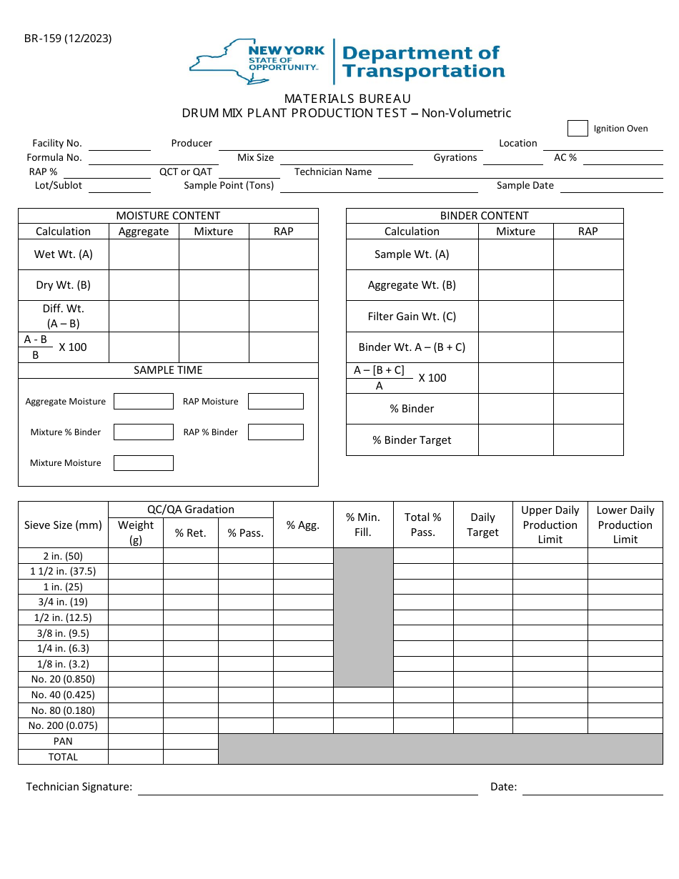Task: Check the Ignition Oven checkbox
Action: tap(578, 129)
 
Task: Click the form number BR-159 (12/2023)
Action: tap(68, 39)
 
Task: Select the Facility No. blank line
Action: tap(119, 144)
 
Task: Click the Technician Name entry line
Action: tap(520, 172)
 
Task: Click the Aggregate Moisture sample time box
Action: tap(144, 402)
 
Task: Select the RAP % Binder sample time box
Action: tap(275, 432)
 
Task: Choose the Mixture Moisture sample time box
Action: tap(144, 463)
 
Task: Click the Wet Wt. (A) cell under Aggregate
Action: tap(144, 254)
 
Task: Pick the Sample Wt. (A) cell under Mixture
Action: tap(515, 254)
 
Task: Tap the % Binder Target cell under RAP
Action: tap(588, 440)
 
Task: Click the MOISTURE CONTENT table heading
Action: tap(168, 216)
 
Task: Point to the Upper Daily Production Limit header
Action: tap(550, 525)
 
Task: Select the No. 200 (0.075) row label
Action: tap(63, 726)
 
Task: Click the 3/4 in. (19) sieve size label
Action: tap(63, 602)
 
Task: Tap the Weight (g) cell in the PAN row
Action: tap(135, 742)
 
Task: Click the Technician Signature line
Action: tap(307, 788)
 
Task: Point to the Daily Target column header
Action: tap(482, 525)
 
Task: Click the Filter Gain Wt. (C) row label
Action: tap(412, 317)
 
